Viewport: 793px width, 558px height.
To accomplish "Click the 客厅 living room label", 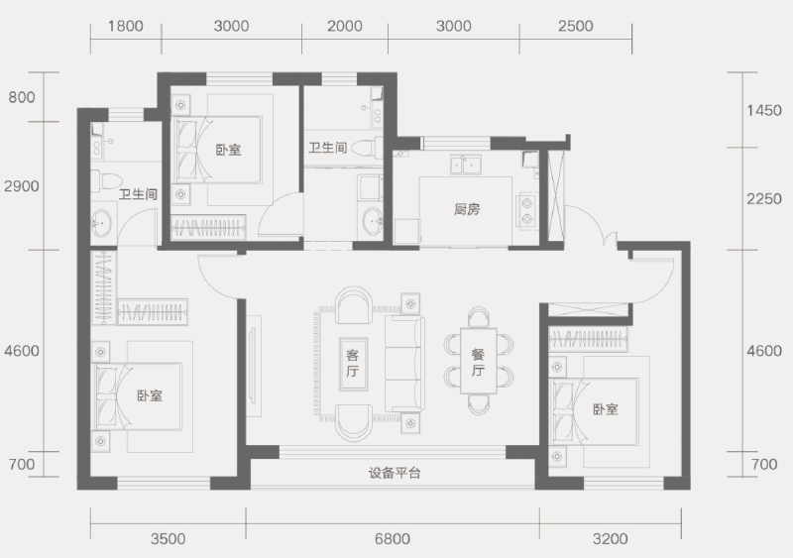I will (x=353, y=363).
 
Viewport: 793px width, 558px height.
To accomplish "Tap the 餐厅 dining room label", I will (x=478, y=363).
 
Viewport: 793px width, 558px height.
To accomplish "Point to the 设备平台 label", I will (x=395, y=473).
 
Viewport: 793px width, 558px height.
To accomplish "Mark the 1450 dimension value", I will (x=764, y=111).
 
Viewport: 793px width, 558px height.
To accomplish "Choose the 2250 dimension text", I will (x=764, y=199).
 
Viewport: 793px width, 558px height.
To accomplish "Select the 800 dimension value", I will (x=22, y=97).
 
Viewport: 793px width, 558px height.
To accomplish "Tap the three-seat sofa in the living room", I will (x=402, y=363).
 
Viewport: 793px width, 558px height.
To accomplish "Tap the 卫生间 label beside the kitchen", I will (x=327, y=148).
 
